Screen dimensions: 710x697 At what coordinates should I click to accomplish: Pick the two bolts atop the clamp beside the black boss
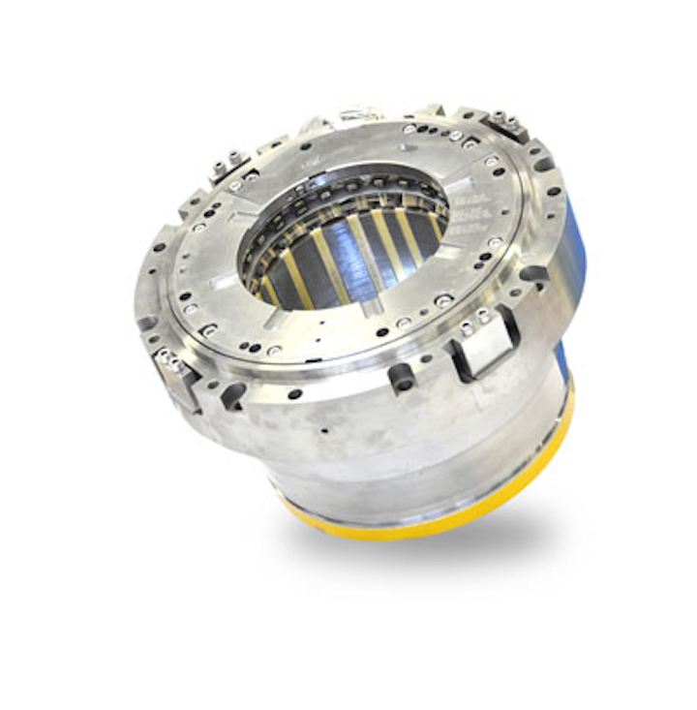pos(471,318)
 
